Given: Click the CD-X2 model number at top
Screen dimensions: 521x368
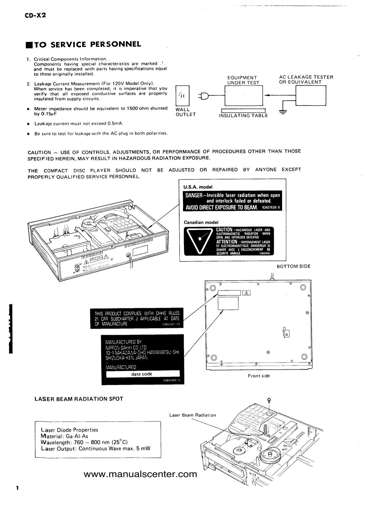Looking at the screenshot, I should pos(35,15).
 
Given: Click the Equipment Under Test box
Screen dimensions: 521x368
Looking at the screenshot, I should pos(244,96).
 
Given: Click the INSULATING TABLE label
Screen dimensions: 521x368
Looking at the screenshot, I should pos(243,116).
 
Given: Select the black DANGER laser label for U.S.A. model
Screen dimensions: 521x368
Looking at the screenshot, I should pos(232,201).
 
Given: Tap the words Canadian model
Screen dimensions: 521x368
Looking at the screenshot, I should pos(201,222).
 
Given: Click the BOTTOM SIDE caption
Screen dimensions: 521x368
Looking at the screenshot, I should pos(294,266).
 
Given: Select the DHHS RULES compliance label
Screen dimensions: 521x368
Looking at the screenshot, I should pos(137,319).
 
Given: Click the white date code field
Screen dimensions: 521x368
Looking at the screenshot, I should pos(143,374).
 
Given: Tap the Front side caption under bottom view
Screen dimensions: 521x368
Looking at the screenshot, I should pos(259,376).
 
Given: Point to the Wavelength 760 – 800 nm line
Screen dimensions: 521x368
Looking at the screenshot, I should pos(84,442).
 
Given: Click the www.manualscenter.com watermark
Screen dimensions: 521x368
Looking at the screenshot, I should pos(140,474).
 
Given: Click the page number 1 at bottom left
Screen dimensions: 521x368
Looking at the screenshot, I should pos(18,488).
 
